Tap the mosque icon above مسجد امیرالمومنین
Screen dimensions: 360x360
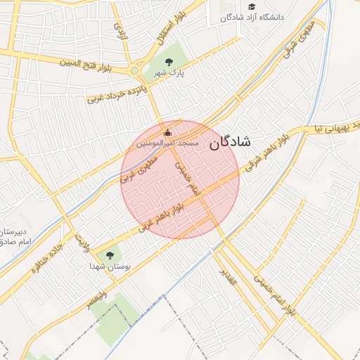(167, 132)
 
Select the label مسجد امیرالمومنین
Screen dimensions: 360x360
(167, 143)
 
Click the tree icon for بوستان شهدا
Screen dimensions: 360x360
(109, 255)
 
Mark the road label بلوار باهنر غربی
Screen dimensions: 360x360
(162, 216)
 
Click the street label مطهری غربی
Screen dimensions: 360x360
(140, 169)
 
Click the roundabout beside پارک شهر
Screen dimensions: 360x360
(134, 70)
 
